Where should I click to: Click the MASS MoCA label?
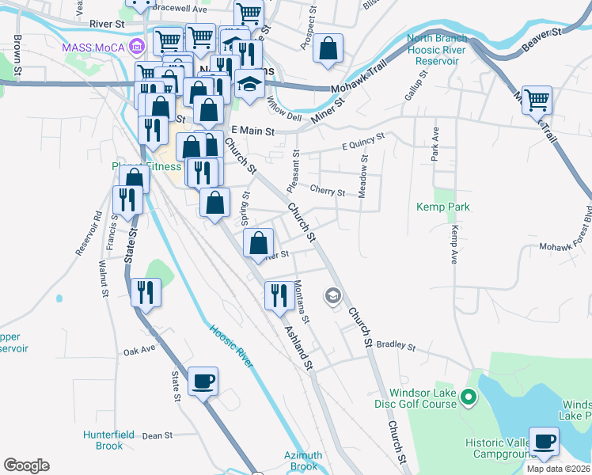[95, 47]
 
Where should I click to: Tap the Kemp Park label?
[443, 207]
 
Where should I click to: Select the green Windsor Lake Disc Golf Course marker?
[469, 397]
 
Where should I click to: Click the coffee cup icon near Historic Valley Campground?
[544, 442]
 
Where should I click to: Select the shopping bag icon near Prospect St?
[328, 48]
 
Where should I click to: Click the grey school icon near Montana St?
[333, 297]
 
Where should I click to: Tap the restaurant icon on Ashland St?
[279, 296]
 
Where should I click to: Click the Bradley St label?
[396, 346]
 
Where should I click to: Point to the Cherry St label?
[328, 192]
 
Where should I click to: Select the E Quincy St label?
[362, 141]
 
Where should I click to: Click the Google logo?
[26, 465]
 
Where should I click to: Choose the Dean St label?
[157, 435]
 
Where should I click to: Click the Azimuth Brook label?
[303, 461]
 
